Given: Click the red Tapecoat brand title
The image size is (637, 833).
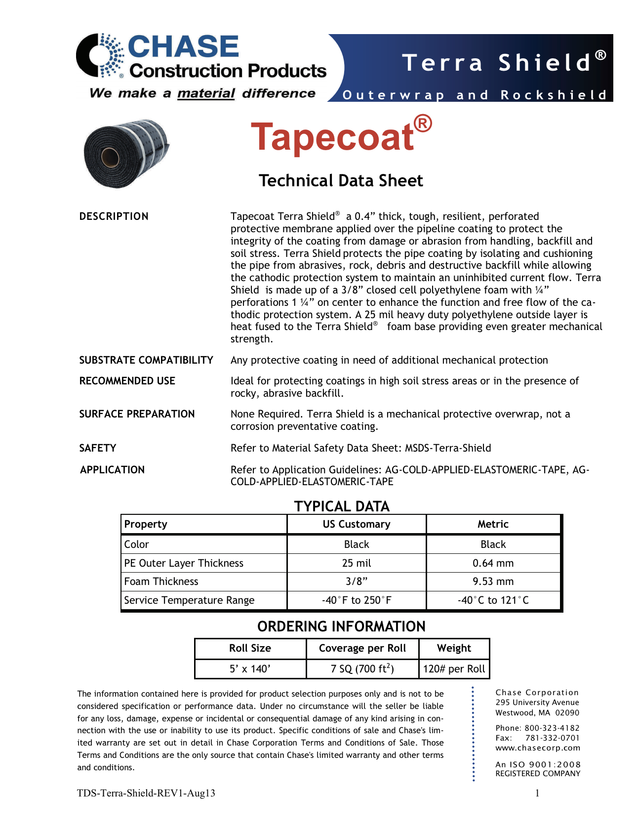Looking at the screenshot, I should (x=341, y=136).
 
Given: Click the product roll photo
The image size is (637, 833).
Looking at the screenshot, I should (x=126, y=153).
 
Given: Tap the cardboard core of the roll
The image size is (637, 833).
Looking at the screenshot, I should (x=108, y=159).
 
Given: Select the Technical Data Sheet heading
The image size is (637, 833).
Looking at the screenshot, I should (x=341, y=181).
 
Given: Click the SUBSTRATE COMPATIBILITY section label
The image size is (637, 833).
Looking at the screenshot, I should (x=146, y=360).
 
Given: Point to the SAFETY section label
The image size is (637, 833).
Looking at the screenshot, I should (x=98, y=448).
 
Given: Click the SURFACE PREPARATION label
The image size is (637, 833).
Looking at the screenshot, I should (x=137, y=414).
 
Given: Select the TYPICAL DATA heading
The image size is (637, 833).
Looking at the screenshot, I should (x=342, y=506).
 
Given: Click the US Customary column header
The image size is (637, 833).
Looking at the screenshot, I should (x=357, y=524).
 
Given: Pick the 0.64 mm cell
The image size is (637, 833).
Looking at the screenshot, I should (x=493, y=563).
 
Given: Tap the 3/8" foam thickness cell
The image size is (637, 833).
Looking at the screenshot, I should (x=357, y=582).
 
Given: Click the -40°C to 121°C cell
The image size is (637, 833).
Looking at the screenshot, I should (x=493, y=600).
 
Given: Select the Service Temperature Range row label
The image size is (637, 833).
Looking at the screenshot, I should (x=189, y=600).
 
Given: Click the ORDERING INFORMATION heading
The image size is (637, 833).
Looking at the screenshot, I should (x=341, y=626).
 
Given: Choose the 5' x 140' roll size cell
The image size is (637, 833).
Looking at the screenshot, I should (x=250, y=669).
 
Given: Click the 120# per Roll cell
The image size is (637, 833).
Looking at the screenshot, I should (x=454, y=669).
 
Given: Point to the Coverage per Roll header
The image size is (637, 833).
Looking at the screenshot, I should (x=362, y=648).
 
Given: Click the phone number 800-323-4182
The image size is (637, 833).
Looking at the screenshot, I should (x=552, y=728).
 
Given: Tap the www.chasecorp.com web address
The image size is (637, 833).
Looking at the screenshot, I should (x=538, y=748).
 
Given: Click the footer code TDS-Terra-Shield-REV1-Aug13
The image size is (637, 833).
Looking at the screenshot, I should (x=146, y=793).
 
